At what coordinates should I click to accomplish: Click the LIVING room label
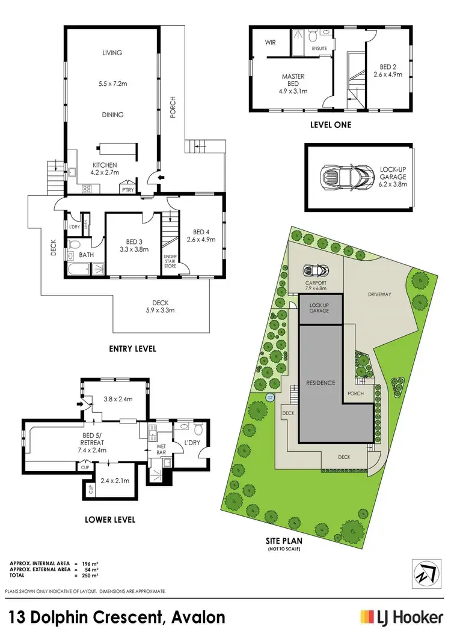[x=112, y=53]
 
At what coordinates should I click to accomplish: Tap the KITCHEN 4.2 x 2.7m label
[x=104, y=169]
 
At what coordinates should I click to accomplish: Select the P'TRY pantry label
[x=127, y=189]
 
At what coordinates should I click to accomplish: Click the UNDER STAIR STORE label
[x=170, y=261]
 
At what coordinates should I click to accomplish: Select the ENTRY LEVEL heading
[x=133, y=348]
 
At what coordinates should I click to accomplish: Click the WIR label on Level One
[x=270, y=43]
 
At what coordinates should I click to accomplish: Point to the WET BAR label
[x=161, y=449]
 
